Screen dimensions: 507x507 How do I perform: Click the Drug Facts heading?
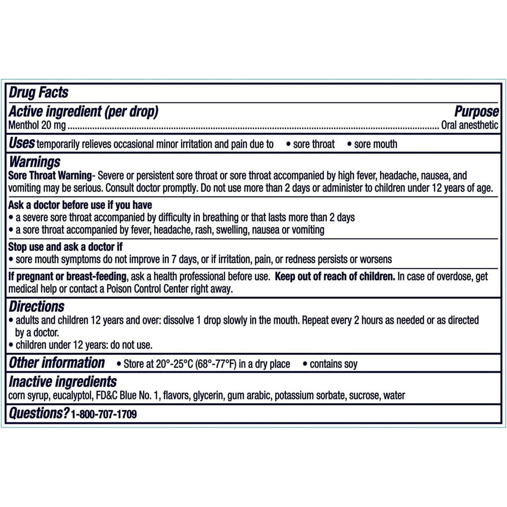[39, 93]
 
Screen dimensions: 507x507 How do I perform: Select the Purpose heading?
[476, 111]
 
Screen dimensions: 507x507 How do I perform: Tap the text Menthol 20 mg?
[37, 125]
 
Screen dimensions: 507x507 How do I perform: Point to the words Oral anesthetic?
[470, 125]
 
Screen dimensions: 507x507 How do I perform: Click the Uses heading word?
[22, 143]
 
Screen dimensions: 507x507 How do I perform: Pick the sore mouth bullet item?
[375, 144]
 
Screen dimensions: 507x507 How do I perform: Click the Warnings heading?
[35, 162]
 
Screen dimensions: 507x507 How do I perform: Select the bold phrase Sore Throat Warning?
[50, 175]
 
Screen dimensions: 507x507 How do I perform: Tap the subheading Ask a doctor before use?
[80, 205]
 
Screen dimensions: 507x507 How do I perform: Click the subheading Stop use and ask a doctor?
[65, 247]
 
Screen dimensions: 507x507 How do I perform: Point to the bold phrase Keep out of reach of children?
[335, 277]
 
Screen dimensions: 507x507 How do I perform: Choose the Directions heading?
[37, 306]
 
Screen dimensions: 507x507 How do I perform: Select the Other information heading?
[57, 363]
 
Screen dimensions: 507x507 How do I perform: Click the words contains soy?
[334, 364]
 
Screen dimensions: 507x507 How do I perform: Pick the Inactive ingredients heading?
[63, 382]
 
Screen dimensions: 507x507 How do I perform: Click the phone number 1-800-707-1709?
[104, 414]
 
